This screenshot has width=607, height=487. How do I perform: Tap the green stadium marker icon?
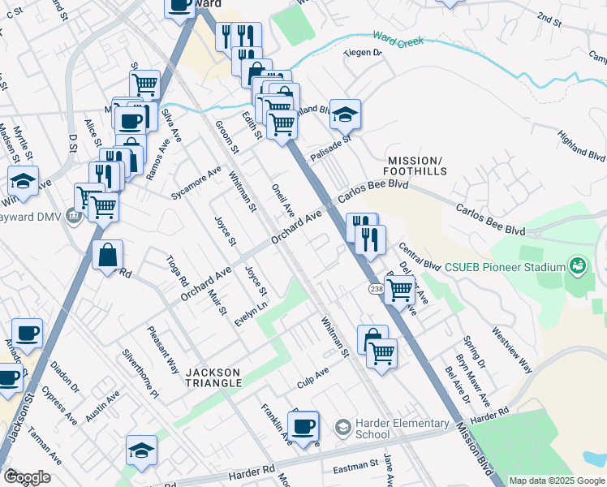pyautogui.click(x=577, y=265)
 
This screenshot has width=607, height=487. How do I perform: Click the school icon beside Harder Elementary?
pyautogui.click(x=343, y=427)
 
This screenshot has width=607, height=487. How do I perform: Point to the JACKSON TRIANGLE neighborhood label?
pyautogui.click(x=213, y=377)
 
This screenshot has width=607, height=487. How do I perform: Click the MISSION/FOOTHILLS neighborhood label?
pyautogui.click(x=417, y=166)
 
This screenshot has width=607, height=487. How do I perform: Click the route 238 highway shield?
pyautogui.click(x=376, y=289)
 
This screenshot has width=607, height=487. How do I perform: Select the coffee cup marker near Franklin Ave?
pyautogui.click(x=303, y=426)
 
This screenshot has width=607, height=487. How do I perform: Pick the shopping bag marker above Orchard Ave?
pyautogui.click(x=107, y=256)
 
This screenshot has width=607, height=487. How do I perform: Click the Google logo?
pyautogui.click(x=27, y=477)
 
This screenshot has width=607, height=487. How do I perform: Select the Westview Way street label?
pyautogui.click(x=512, y=350)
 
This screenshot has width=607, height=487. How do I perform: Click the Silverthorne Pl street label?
pyautogui.click(x=140, y=373)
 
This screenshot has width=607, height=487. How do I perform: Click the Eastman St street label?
pyautogui.click(x=356, y=468)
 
